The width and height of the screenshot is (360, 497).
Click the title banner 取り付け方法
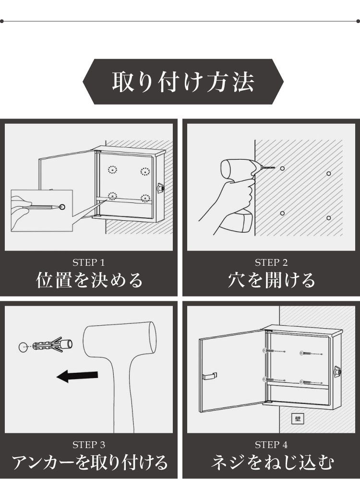(x=183, y=82)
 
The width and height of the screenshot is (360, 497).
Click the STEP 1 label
(x=88, y=262)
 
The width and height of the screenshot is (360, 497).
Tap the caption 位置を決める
(x=89, y=280)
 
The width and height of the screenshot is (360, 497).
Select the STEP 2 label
(x=271, y=262)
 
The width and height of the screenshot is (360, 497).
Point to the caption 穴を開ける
(x=272, y=280)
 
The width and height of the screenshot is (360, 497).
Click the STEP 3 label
(x=88, y=445)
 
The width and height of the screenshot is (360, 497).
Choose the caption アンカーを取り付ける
(x=89, y=462)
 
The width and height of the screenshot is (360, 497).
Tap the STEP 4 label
(x=271, y=445)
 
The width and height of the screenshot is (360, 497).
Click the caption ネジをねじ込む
(x=272, y=462)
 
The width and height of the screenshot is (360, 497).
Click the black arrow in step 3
(x=77, y=376)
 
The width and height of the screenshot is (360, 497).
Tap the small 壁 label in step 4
(x=298, y=419)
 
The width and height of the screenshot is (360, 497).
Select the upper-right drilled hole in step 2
(x=329, y=174)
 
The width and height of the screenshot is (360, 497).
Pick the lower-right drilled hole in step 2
(x=329, y=218)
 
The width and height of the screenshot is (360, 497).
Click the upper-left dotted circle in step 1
(x=113, y=169)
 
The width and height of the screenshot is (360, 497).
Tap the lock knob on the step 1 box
(x=160, y=188)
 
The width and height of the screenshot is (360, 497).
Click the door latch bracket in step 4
(x=209, y=376)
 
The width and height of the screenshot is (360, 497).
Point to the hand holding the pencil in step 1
(x=22, y=213)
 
